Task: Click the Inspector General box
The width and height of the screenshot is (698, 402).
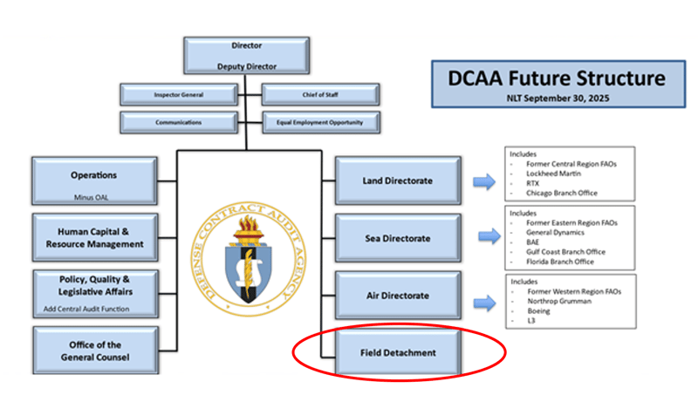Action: click(174, 93)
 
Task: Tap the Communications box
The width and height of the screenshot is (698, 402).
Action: click(174, 122)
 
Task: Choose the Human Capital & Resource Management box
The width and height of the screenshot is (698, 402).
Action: click(93, 237)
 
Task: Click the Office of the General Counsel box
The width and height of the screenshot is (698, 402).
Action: click(93, 351)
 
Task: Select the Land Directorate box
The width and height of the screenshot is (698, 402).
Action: click(395, 181)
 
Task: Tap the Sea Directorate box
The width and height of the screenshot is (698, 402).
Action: click(395, 237)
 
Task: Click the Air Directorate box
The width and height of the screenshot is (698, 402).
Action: click(395, 295)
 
